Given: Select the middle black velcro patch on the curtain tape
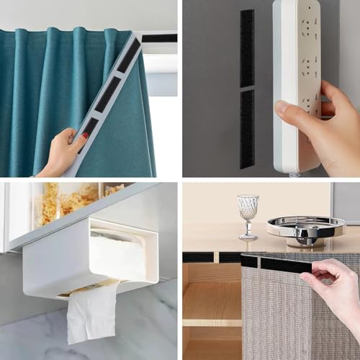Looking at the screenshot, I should (x=109, y=94).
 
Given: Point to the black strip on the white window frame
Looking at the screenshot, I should (x=158, y=38).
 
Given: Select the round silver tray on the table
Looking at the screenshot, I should (x=306, y=226).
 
